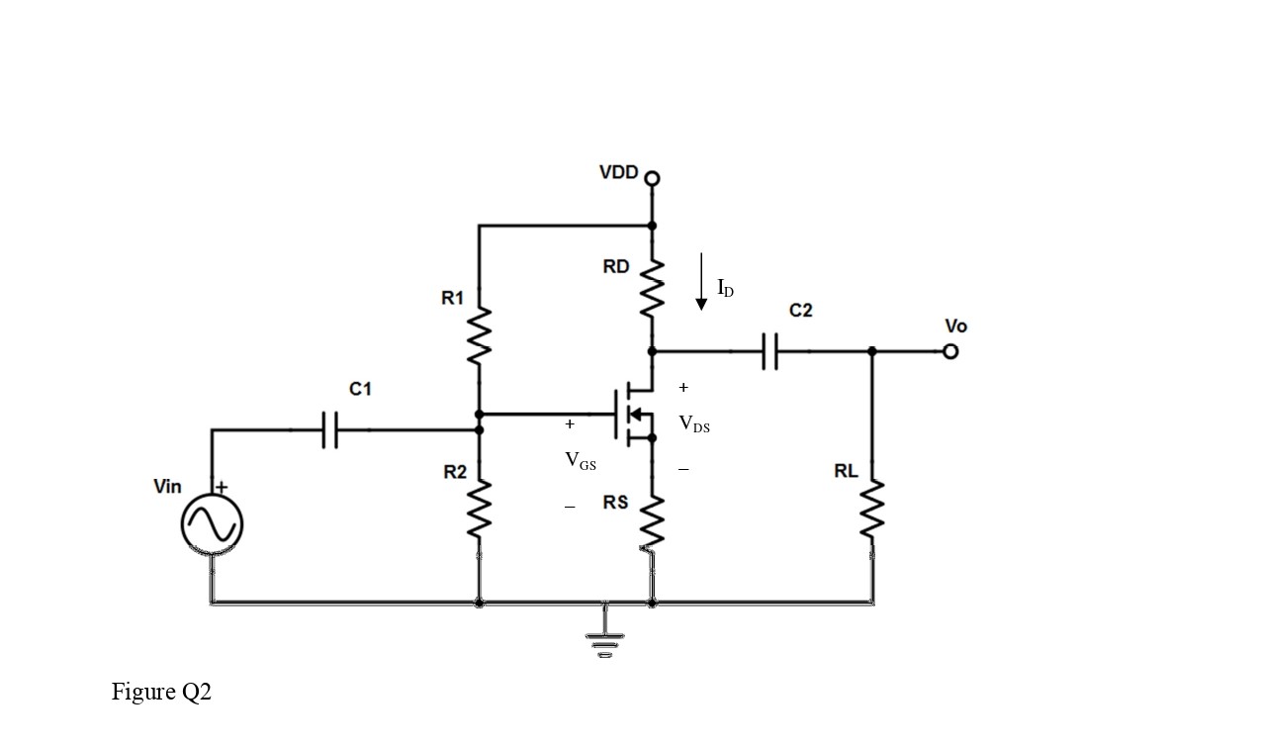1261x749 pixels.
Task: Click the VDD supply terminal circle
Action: click(652, 179)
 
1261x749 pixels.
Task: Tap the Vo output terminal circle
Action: click(950, 351)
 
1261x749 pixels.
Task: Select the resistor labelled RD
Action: click(652, 286)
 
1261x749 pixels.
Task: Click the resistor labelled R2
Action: click(479, 509)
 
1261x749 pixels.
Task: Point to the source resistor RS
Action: click(652, 518)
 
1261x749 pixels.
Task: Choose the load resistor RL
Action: click(872, 509)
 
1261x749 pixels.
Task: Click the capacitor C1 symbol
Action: click(330, 430)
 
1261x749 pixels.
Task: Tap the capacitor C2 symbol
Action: click(770, 351)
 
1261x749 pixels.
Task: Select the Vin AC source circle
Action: click(212, 524)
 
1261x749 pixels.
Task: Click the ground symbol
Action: click(602, 644)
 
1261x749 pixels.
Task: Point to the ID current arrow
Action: click(701, 281)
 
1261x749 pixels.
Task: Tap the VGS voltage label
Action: click(581, 460)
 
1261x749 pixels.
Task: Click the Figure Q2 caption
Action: click(161, 692)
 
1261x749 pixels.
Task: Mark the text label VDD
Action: click(619, 172)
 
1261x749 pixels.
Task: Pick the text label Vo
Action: click(955, 326)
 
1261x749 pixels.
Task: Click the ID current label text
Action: click(726, 289)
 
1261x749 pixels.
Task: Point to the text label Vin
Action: click(168, 486)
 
